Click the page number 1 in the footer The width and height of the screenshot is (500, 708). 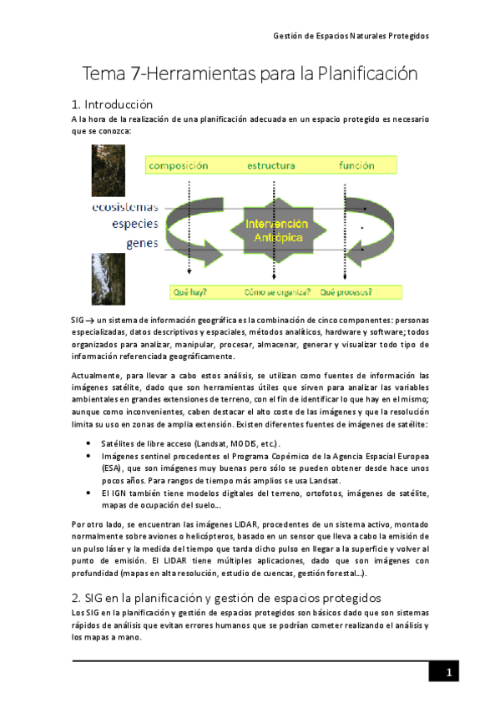tap(448, 673)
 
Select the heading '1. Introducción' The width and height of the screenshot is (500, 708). tap(113, 104)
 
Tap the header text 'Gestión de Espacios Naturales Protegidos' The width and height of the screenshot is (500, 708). tap(351, 36)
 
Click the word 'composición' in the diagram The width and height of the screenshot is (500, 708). tap(179, 165)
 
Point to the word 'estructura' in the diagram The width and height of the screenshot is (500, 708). tap(270, 165)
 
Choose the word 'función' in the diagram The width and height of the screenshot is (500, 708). tap(356, 165)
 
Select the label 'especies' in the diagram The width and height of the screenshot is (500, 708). tap(134, 225)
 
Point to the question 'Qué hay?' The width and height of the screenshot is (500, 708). tap(189, 292)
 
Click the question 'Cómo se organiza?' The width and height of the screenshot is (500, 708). tap(278, 292)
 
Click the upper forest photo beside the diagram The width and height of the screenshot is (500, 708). tap(109, 170)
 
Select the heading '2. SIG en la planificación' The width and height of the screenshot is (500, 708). tap(226, 598)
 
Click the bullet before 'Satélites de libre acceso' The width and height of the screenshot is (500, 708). tap(89, 443)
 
